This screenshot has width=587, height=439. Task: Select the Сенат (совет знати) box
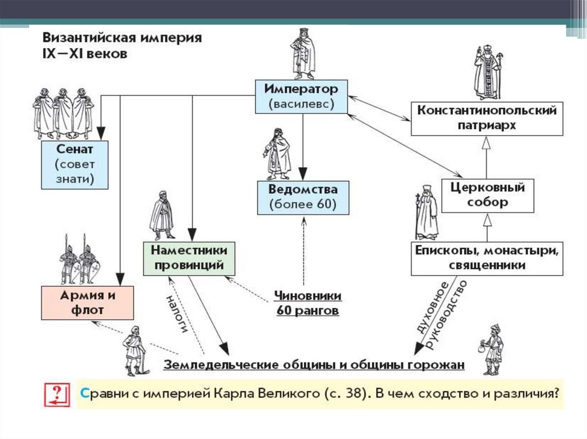pos(75,164)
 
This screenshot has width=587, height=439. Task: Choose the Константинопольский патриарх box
pos(486,118)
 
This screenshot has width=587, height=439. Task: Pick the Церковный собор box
pos(486,195)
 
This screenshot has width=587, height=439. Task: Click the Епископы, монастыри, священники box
pos(486,258)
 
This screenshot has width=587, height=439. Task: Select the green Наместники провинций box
pos(189,258)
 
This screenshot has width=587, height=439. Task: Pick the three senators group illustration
pos(63,113)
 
